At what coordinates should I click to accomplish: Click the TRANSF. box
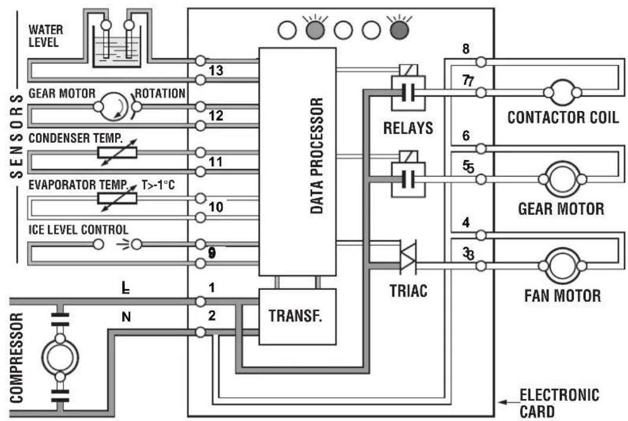click(x=297, y=317)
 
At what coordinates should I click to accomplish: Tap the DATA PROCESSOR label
click(x=317, y=155)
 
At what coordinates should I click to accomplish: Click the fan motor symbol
click(x=562, y=266)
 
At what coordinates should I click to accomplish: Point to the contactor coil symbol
click(x=562, y=93)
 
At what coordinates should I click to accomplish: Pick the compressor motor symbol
click(x=60, y=358)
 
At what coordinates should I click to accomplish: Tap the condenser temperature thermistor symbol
click(x=117, y=152)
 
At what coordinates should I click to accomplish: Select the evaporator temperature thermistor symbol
click(x=117, y=198)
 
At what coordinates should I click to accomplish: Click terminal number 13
click(x=216, y=71)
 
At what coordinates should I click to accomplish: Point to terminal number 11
click(x=216, y=162)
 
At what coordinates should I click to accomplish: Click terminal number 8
click(x=466, y=49)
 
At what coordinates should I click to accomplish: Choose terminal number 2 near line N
click(x=212, y=315)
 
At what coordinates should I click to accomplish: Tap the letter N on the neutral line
click(x=126, y=317)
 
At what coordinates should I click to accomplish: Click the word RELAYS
click(x=408, y=128)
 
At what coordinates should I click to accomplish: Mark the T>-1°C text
click(x=158, y=185)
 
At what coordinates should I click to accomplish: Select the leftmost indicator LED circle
click(x=287, y=30)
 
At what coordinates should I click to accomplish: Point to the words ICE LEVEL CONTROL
click(x=78, y=229)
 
